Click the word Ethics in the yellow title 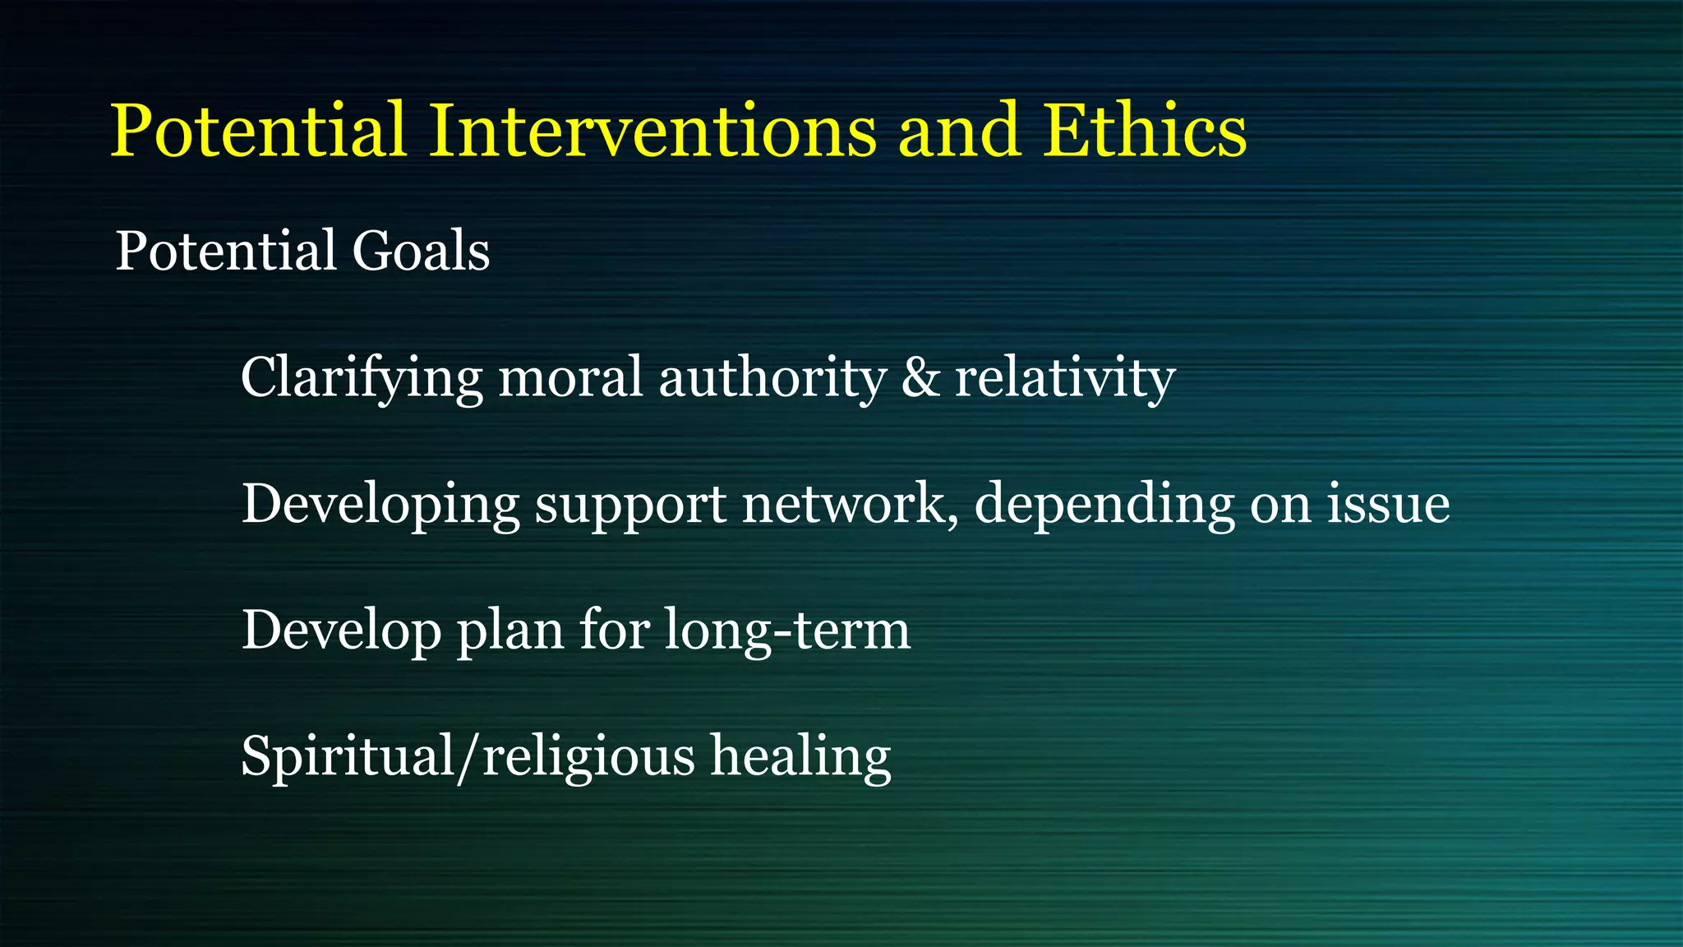point(1145,132)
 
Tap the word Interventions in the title point(653,132)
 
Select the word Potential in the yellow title point(258,132)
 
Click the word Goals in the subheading point(421,251)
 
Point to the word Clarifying point(362,378)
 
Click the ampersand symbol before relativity point(920,378)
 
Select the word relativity point(1064,378)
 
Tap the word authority point(772,378)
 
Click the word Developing point(380,504)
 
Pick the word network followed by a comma point(849,504)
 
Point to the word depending point(1104,504)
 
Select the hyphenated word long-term point(786,631)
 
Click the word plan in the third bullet point(510,631)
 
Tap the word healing point(800,756)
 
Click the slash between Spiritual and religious point(468,756)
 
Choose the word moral point(569,378)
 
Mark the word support point(630,504)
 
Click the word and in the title point(958,132)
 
